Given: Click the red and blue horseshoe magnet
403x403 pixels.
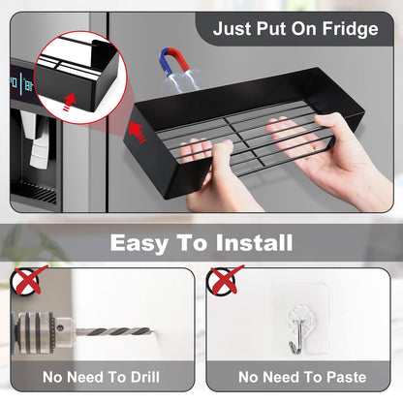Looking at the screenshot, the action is coord(173,61).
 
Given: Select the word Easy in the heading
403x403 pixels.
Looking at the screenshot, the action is coord(139,243).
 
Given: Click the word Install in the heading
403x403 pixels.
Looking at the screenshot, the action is coord(254,242).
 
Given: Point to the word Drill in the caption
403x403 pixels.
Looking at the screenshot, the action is coord(145,377).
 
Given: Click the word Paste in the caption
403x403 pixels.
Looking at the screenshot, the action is coord(346,377).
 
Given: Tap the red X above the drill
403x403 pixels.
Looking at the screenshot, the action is coord(29,280).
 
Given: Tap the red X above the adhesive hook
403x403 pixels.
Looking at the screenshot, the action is coord(225,279).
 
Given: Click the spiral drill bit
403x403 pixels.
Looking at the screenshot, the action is coord(114,331).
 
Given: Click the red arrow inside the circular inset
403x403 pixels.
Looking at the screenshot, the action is coord(69,102).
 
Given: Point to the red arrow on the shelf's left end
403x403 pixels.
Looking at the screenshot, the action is coord(138,132).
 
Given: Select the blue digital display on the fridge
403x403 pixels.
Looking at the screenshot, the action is coord(22,82).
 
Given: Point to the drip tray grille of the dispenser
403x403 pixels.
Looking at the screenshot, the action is coord(34,192).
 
